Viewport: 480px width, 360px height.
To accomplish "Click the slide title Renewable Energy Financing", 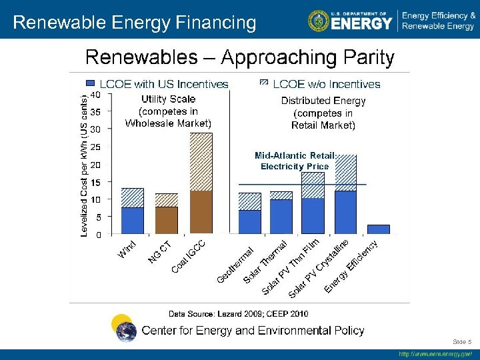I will [134, 23].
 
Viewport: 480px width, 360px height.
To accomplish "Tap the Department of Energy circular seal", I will [318, 21].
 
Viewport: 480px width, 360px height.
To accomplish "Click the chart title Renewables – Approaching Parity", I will [239, 58].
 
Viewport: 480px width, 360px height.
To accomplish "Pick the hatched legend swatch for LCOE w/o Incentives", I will [264, 84].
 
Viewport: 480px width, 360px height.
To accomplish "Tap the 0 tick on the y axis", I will [98, 235].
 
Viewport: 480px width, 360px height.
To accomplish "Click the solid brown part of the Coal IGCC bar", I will [201, 212].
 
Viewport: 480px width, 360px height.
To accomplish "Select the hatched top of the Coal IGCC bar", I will [201, 162].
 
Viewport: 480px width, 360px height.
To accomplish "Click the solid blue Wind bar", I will [133, 220].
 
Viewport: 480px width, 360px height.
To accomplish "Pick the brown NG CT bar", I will [167, 220].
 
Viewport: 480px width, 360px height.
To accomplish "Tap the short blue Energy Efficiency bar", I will [378, 229].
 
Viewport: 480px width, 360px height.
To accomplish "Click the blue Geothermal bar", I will [249, 221].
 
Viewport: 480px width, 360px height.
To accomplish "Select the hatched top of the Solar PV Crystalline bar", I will [345, 173].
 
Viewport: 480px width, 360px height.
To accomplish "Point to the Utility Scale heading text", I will [168, 99].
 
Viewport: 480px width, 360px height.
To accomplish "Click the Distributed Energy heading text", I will [323, 101].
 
